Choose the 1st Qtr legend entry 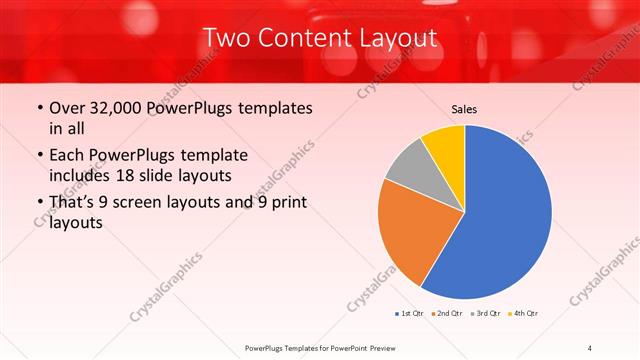410,314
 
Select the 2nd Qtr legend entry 446,314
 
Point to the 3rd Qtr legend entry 484,314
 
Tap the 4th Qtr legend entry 522,314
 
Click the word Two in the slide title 227,39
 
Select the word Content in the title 313,39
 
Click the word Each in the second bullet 68,156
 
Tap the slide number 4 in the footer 590,347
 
